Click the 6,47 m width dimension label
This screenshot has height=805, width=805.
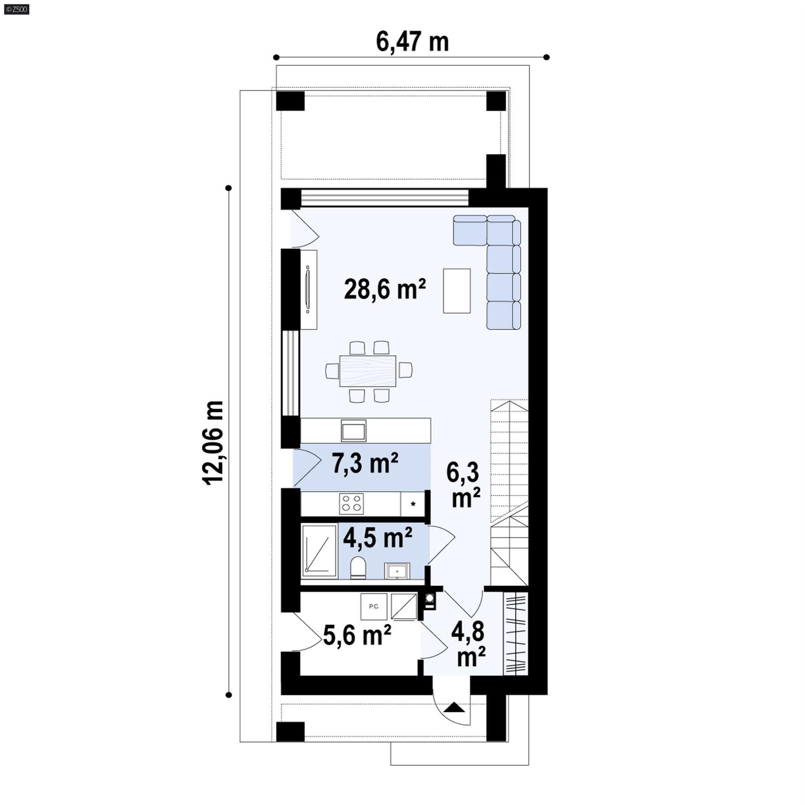412,42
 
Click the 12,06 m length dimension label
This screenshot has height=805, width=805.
213,442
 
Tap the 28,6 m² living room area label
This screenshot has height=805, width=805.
385,289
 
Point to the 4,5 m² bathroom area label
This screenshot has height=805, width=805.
377,538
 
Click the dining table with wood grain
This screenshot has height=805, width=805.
368,371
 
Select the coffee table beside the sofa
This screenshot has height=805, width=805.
456,291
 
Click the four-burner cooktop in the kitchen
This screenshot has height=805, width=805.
352,504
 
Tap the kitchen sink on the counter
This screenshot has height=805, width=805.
353,431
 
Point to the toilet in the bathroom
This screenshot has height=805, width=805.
358,568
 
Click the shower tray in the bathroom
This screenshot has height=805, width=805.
319,549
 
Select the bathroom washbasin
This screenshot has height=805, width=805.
397,571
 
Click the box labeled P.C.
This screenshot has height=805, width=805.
373,606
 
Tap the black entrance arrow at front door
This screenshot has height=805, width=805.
455,707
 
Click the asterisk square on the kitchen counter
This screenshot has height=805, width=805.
413,504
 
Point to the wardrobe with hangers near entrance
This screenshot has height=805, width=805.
516,633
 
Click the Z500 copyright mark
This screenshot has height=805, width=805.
16,9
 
